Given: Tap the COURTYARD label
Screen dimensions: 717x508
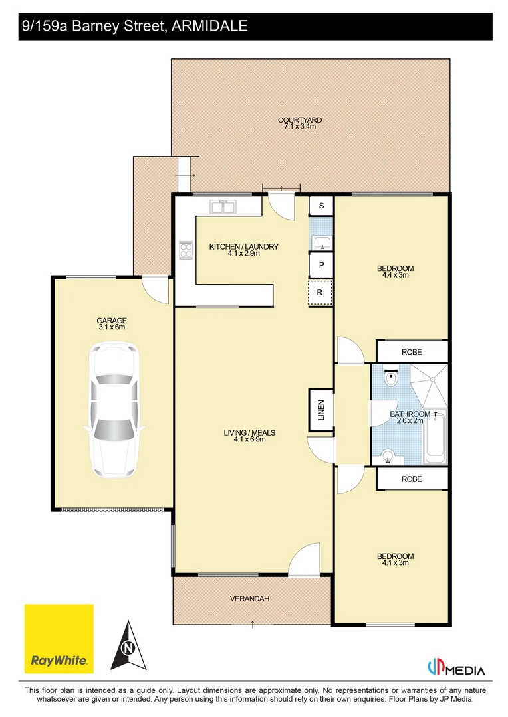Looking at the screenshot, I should [x=299, y=120].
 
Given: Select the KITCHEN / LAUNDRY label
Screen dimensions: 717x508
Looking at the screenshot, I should [x=243, y=247].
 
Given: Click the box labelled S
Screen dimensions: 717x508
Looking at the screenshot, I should [x=321, y=206].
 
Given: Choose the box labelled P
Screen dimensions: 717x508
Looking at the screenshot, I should [x=321, y=264].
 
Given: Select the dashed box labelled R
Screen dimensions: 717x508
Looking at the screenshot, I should [x=320, y=292].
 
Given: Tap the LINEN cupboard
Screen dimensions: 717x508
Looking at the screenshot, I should [x=320, y=410].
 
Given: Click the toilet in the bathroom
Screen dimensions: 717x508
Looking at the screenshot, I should [x=392, y=379].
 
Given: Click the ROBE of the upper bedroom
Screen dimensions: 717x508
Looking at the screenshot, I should [x=412, y=351].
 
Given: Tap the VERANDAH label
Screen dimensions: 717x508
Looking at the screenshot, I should [x=249, y=599].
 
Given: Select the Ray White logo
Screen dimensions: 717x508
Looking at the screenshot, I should [x=59, y=639].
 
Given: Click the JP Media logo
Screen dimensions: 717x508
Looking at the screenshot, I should [x=455, y=668].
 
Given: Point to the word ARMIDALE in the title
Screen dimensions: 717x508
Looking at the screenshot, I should [x=210, y=27].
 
